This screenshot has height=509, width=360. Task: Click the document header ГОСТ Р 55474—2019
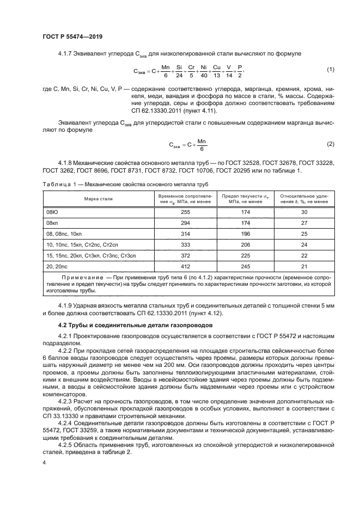72,37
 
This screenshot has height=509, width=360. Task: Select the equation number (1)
330,70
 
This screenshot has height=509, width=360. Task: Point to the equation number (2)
330,144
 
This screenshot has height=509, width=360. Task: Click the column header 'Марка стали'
98,199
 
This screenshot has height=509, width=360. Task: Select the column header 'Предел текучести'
246,199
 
